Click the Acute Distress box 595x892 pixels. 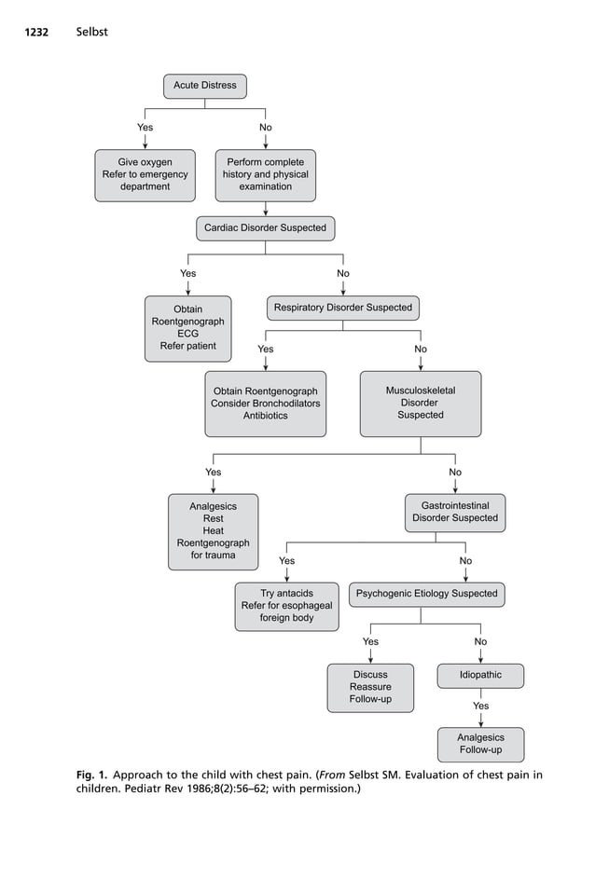(x=204, y=86)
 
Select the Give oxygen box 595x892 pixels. (x=145, y=174)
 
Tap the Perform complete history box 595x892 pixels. (x=265, y=174)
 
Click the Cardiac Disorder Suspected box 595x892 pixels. (x=265, y=227)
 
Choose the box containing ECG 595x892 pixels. (x=187, y=328)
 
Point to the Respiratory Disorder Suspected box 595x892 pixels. (x=342, y=308)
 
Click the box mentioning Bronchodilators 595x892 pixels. (x=265, y=404)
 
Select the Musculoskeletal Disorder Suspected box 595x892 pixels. (x=420, y=404)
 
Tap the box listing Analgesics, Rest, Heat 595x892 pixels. (x=213, y=531)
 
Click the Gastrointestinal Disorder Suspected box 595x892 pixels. (x=455, y=513)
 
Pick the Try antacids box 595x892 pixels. (x=286, y=606)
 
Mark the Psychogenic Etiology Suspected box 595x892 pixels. (x=426, y=594)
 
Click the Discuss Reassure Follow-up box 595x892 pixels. (x=370, y=688)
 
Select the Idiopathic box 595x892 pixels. (x=480, y=675)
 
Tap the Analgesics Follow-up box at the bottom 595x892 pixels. (x=480, y=744)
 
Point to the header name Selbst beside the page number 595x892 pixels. (x=92, y=33)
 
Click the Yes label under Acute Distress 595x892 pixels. (x=145, y=128)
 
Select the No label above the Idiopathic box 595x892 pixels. (x=480, y=642)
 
